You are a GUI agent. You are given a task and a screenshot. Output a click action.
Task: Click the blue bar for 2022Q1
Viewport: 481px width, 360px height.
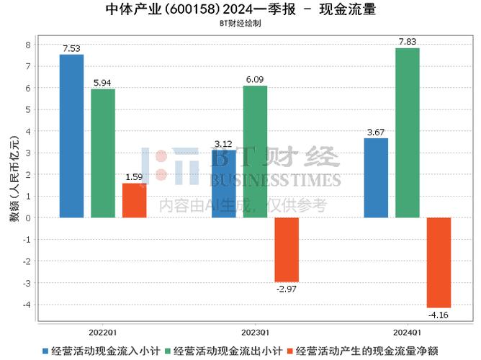[x=71, y=136]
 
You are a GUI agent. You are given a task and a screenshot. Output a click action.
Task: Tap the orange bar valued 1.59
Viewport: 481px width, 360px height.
[x=134, y=200]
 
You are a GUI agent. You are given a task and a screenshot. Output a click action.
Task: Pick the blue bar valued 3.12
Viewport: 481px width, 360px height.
[x=223, y=184]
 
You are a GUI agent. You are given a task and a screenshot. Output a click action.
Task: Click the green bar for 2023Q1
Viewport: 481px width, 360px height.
[x=255, y=151]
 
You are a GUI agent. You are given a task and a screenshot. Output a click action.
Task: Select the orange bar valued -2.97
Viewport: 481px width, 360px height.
[x=286, y=249]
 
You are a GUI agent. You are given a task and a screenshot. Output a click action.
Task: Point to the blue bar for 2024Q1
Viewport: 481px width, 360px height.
[x=376, y=178]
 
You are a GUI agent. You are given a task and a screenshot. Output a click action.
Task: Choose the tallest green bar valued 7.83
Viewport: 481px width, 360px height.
[x=408, y=132]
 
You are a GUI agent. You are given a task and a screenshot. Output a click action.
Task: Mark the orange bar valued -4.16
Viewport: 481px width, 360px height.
[x=439, y=262]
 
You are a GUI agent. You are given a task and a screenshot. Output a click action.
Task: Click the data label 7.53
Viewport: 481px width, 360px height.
[x=71, y=48]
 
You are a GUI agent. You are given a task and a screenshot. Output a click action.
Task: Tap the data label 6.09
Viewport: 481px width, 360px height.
[x=255, y=80]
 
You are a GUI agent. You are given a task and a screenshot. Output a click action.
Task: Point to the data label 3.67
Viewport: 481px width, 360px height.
[x=376, y=132]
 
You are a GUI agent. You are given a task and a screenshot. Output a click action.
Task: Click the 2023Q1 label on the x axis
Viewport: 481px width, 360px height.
[x=255, y=333]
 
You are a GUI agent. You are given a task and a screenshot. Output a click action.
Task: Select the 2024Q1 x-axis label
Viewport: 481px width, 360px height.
[x=407, y=333]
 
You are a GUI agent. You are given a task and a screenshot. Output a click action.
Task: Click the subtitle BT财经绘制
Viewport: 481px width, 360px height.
[x=240, y=23]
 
